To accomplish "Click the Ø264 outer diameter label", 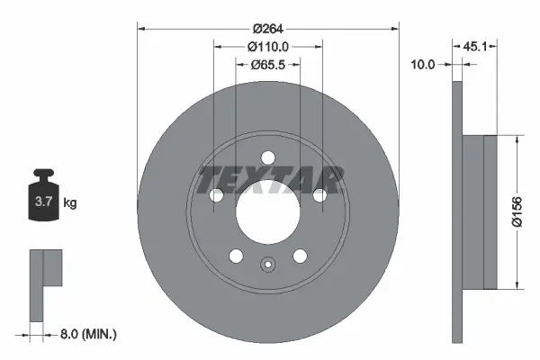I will tap(267, 27).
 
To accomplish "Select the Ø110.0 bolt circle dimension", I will tap(267, 46).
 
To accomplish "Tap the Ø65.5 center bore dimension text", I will tap(267, 65).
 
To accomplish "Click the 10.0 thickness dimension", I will tap(422, 65).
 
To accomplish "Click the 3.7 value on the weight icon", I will tap(43, 203).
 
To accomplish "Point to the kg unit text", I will tap(70, 203).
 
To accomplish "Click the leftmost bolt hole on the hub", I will tap(216, 195).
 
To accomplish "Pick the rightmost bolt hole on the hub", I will tap(319, 195).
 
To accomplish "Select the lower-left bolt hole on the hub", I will tap(236, 256).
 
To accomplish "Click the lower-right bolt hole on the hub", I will tap(299, 256).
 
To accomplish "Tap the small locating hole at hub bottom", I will tap(267, 265).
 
